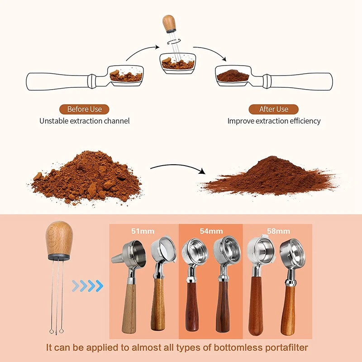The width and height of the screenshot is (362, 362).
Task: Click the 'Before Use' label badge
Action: tap(84, 109)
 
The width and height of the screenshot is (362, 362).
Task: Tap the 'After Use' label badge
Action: tap(274, 109)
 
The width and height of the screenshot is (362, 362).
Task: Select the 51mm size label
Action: tap(143, 231)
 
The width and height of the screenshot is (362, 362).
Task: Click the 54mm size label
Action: tap(211, 231)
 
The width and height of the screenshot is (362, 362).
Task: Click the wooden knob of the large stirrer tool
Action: tap(57, 237)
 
